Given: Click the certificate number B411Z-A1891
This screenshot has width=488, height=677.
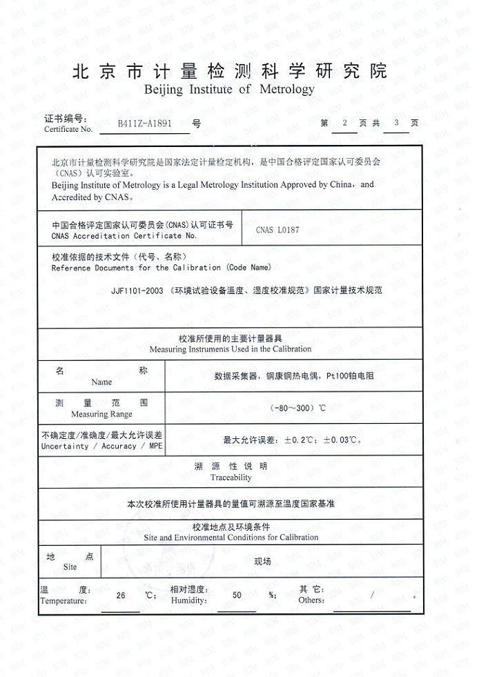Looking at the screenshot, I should [145, 124].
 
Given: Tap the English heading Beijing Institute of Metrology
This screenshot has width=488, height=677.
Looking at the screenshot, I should [228, 90].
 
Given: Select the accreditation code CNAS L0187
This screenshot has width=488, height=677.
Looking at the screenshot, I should [277, 230].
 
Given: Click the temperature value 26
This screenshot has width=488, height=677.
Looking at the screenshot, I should [121, 595].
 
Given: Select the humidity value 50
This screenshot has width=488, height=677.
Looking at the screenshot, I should [237, 595].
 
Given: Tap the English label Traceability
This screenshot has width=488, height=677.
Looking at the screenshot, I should [231, 478].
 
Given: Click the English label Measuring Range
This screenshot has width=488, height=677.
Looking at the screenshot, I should [101, 415].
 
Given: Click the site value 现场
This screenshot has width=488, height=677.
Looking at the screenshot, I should [262, 562].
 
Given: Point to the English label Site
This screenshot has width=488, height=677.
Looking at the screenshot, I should [70, 567].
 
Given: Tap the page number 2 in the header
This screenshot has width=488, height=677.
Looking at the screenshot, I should [344, 123].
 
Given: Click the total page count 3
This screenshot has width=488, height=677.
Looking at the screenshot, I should [396, 123].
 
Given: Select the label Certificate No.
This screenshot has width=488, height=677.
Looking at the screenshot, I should [68, 129].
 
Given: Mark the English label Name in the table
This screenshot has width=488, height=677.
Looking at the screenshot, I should [101, 382].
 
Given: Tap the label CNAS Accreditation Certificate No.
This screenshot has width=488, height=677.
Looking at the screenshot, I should [124, 235].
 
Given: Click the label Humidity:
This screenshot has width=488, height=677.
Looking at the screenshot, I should [188, 600].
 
